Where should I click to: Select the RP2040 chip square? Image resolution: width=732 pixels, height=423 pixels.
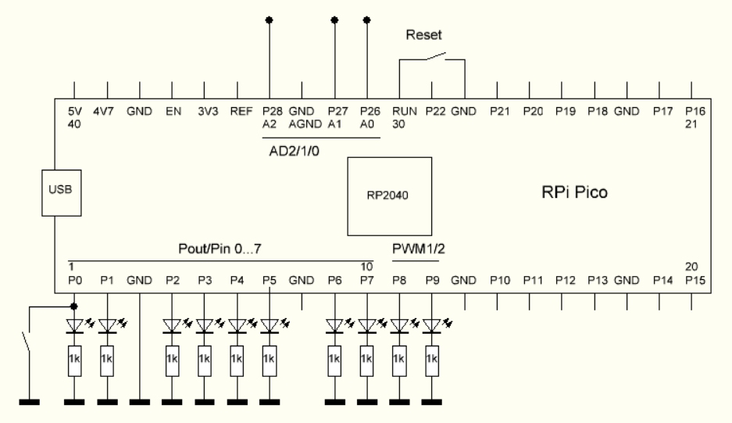click(x=389, y=195)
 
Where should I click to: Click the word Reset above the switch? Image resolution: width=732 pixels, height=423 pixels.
click(x=423, y=36)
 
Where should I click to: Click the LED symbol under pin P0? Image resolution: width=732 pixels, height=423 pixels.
click(x=75, y=324)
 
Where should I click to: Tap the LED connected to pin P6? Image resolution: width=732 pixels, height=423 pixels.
click(x=335, y=324)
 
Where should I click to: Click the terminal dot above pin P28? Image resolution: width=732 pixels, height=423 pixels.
click(x=270, y=20)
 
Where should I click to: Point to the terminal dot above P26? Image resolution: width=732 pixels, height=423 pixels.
click(x=367, y=20)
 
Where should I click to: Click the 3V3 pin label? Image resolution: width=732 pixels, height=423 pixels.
click(x=206, y=112)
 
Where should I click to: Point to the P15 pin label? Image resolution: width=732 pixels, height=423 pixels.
click(x=695, y=279)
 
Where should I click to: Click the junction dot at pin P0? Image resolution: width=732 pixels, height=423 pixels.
click(x=75, y=306)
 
